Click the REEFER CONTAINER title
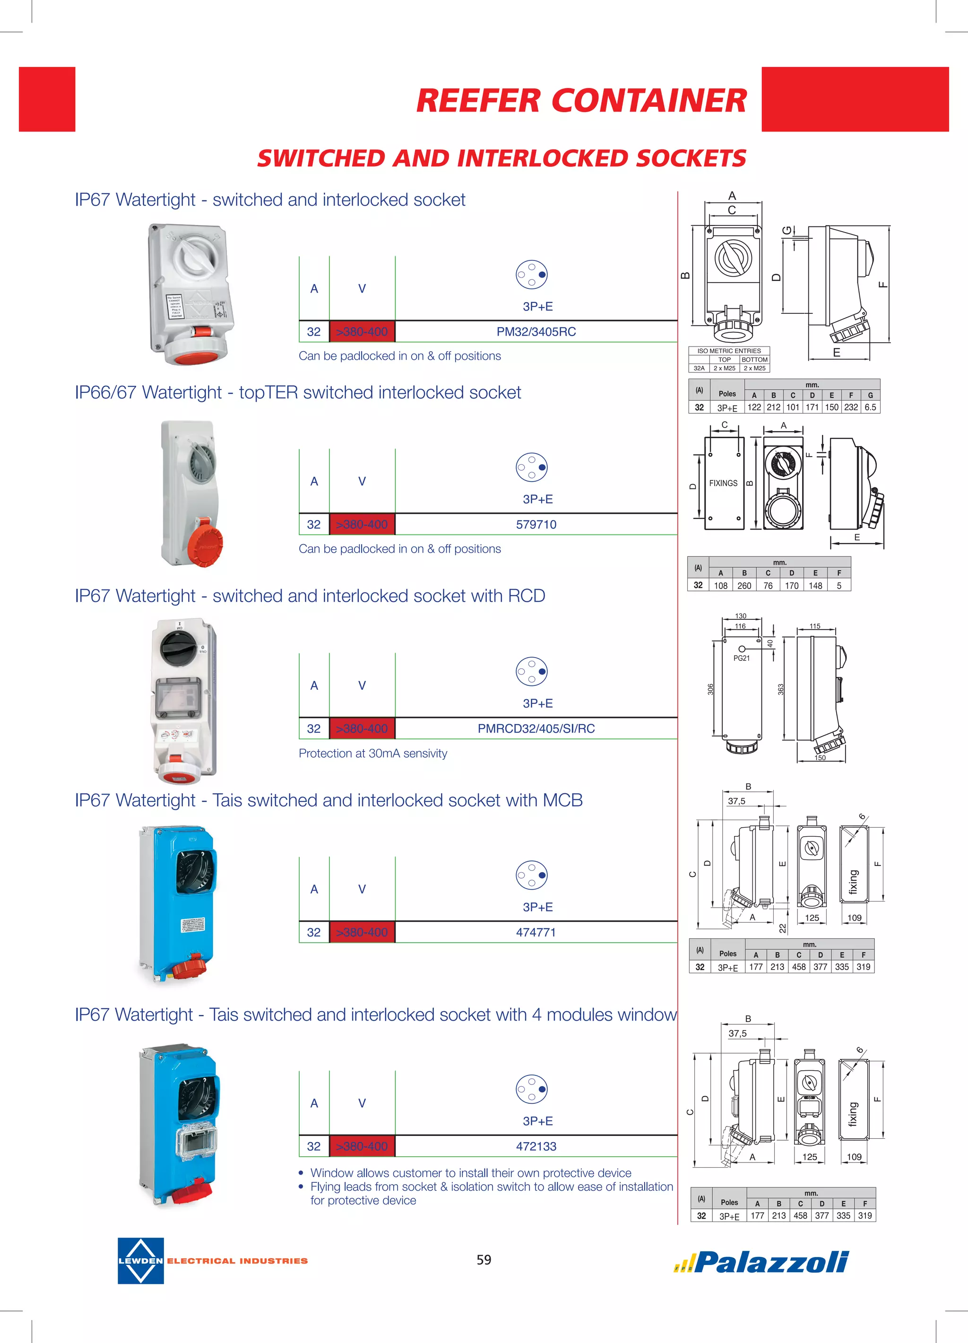tap(581, 100)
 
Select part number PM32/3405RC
tap(536, 331)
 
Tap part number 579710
tap(536, 524)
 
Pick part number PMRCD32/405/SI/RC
tap(536, 728)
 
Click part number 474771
tap(536, 932)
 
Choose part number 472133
tap(536, 1146)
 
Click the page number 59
tap(484, 1259)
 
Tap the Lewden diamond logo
tap(141, 1261)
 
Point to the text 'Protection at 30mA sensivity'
tap(373, 753)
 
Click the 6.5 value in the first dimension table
tap(870, 407)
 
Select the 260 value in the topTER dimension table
tap(744, 586)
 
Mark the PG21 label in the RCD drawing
tap(741, 658)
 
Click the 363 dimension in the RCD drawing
tap(780, 689)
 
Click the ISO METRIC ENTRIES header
tap(729, 351)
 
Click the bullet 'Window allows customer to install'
tap(471, 1172)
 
